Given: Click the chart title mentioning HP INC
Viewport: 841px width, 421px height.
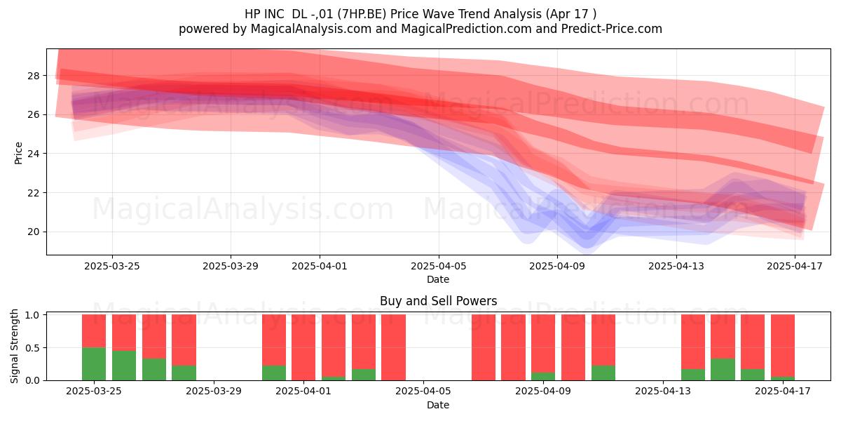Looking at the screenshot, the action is [x=420, y=14].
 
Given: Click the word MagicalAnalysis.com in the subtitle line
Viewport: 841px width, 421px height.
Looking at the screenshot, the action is [x=311, y=29].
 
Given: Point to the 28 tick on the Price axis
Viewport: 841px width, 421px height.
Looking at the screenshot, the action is [x=33, y=76].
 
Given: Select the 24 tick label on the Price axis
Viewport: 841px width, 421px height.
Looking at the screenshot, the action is [x=33, y=154].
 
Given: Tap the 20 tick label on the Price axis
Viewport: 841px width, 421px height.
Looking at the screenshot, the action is [x=33, y=232].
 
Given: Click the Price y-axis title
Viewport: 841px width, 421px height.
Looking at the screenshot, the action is [x=18, y=153].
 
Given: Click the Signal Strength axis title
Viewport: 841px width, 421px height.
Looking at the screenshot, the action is [x=14, y=346].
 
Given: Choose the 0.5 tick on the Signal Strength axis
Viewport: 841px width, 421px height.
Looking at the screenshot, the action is [x=33, y=348].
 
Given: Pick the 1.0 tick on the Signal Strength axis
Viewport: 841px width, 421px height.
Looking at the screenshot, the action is [x=33, y=315].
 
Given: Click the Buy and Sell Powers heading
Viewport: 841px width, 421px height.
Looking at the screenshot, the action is [x=438, y=301].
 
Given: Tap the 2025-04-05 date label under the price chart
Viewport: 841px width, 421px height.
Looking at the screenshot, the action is [x=438, y=266].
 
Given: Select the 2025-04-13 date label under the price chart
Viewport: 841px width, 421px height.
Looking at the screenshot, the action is [x=676, y=266].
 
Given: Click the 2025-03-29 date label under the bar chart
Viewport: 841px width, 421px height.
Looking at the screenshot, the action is [x=214, y=392].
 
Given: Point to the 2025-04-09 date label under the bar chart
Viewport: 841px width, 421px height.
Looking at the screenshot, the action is [x=543, y=392].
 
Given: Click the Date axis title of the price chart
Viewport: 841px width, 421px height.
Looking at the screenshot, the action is [x=438, y=279].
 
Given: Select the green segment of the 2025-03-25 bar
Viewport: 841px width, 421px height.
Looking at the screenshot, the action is [x=94, y=364].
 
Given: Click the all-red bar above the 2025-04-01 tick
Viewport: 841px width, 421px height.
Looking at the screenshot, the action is [x=303, y=347].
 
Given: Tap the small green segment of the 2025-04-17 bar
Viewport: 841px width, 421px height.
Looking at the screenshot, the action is [x=782, y=378].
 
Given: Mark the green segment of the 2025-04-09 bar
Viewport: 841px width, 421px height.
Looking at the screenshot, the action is [x=543, y=376].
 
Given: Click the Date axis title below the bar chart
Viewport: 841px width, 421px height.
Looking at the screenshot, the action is [x=438, y=405].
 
